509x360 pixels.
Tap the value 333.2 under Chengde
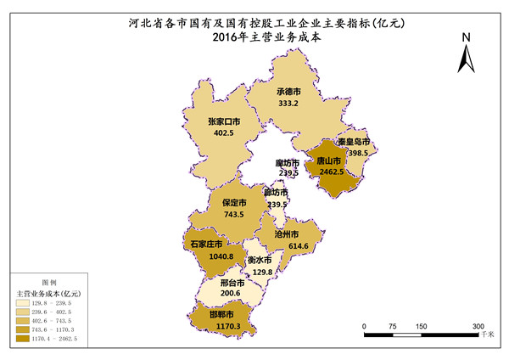tap(288, 104)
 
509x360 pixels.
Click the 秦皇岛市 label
tap(351, 142)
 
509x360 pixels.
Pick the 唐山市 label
tap(329, 160)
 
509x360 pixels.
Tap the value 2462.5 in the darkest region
tap(329, 172)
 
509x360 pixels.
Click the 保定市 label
tap(234, 203)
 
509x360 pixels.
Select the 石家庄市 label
tap(207, 244)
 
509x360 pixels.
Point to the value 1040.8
tap(207, 256)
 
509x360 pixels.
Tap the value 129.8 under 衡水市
tap(262, 272)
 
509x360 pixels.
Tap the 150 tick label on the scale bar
tap(421, 325)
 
